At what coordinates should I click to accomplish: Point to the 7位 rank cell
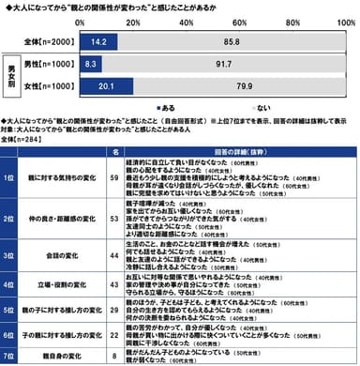(x=12, y=356)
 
